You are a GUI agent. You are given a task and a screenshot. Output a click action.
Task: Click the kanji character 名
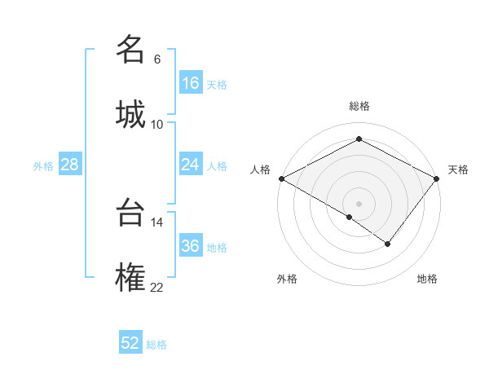[130, 51]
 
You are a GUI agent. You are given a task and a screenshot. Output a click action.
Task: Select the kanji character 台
[130, 214]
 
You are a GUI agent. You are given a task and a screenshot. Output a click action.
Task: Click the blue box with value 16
[191, 83]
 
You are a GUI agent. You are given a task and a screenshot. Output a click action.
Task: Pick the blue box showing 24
[191, 165]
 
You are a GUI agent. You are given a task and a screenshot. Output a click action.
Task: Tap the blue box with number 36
[191, 246]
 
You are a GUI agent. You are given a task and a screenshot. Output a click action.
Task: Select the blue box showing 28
[70, 165]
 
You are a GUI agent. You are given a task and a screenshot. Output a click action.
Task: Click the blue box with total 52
[130, 343]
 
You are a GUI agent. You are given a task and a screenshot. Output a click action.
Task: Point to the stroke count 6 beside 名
[157, 59]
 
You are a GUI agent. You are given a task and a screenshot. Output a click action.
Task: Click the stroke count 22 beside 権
[157, 286]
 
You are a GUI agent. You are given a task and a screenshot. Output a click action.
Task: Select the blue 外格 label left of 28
[43, 166]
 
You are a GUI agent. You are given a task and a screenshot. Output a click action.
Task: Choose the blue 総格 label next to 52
[156, 345]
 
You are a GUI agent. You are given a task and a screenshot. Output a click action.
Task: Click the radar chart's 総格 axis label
[359, 106]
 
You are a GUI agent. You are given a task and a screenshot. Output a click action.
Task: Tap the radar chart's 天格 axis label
[458, 169]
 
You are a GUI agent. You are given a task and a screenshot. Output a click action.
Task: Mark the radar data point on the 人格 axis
[281, 178]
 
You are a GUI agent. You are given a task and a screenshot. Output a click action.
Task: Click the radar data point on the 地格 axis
[388, 244]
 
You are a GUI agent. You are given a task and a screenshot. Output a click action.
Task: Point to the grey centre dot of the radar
[359, 203]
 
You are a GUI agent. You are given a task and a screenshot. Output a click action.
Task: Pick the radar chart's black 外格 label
[287, 279]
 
